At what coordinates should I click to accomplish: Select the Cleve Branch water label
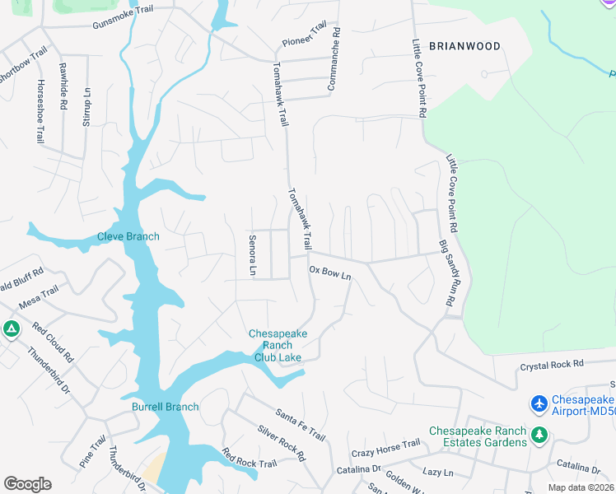(128, 236)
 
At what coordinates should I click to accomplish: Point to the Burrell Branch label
(166, 407)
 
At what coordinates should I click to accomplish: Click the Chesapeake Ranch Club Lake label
(278, 345)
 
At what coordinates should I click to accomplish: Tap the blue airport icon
(539, 404)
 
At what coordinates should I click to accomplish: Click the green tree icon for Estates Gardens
(539, 434)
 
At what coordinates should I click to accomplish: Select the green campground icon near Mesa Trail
(11, 330)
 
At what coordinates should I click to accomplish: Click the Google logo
(27, 484)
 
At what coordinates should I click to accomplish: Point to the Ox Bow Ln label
(330, 273)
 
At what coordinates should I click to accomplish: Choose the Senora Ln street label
(252, 255)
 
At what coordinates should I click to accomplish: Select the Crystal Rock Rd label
(551, 363)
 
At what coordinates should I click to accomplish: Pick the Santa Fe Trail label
(301, 424)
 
